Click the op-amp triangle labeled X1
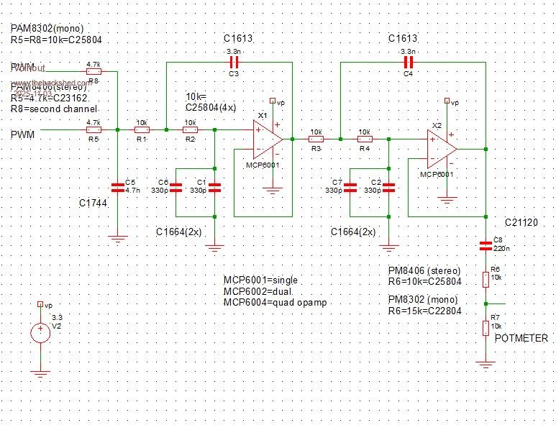[x=267, y=140]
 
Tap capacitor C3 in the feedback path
[x=233, y=63]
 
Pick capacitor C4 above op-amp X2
[x=409, y=63]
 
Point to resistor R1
[x=142, y=130]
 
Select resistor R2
[x=191, y=130]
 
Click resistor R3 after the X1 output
[x=315, y=140]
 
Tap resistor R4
[x=365, y=140]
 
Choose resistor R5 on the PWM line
[x=93, y=130]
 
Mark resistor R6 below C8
[x=487, y=278]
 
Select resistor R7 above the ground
[x=487, y=328]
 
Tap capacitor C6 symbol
[x=176, y=188]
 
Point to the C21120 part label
[x=521, y=224]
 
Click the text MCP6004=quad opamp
[x=275, y=303]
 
